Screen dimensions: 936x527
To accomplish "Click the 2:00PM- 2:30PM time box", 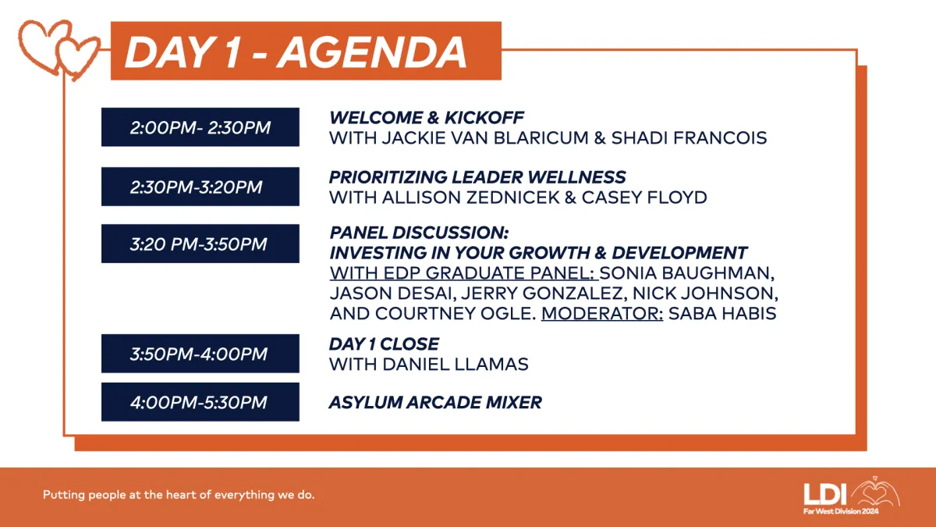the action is pyautogui.click(x=200, y=127).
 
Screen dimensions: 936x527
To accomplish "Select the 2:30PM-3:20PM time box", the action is pyautogui.click(x=200, y=187).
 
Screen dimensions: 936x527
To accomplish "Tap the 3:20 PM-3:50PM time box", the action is pyautogui.click(x=200, y=244).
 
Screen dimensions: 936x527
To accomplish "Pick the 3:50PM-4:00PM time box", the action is pyautogui.click(x=200, y=354).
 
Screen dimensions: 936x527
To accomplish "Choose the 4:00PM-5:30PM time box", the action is pyautogui.click(x=200, y=402).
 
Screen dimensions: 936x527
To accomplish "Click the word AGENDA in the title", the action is pyautogui.click(x=371, y=53).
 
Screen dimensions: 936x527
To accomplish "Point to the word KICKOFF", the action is pyautogui.click(x=484, y=118).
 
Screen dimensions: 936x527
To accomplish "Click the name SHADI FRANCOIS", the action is pyautogui.click(x=689, y=138).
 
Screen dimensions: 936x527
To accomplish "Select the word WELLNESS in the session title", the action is pyautogui.click(x=576, y=177).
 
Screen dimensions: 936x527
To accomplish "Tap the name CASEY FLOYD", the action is pyautogui.click(x=644, y=198).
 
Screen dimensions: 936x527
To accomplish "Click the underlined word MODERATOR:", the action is pyautogui.click(x=602, y=314).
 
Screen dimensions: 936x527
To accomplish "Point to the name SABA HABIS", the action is pyautogui.click(x=722, y=314).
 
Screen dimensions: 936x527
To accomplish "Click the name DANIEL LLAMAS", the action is pyautogui.click(x=455, y=365).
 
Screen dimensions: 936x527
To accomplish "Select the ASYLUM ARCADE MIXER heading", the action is pyautogui.click(x=435, y=402).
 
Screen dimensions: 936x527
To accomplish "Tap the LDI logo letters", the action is pyautogui.click(x=825, y=494).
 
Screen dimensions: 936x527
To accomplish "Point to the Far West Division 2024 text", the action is pyautogui.click(x=841, y=511).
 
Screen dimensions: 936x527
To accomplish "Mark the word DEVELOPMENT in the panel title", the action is pyautogui.click(x=679, y=253).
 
